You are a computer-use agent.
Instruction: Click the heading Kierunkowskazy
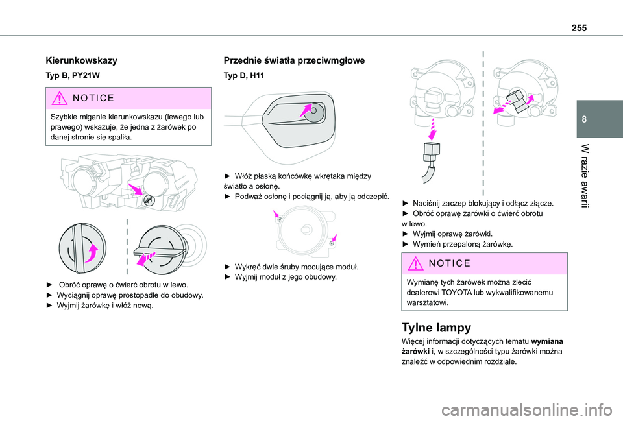coord(81,60)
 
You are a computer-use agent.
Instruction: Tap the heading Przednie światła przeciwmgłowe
coord(294,60)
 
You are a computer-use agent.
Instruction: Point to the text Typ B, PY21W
coord(72,76)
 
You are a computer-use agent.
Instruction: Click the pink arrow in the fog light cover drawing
coord(305,112)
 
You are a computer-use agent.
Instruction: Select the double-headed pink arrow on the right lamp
coord(513,102)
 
